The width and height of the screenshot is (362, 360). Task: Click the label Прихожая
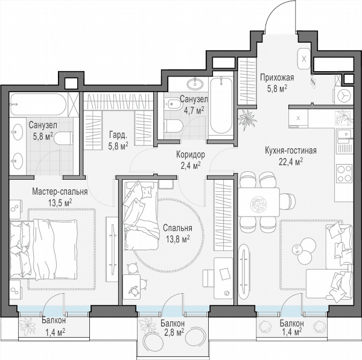point(277,78)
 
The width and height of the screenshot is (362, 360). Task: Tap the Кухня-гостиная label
point(291,151)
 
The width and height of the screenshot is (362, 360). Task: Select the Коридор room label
point(191,154)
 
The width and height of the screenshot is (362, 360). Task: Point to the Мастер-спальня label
point(60,192)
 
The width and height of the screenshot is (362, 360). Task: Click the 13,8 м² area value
point(178,239)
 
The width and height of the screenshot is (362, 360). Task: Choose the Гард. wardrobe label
point(118,136)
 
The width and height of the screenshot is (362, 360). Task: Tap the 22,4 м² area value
point(291,162)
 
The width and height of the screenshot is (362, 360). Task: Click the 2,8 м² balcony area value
point(174,332)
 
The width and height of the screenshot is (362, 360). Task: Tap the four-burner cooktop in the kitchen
point(345,173)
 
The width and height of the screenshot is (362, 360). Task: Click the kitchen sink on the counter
point(345,134)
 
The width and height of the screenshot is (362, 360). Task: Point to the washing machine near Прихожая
point(344,95)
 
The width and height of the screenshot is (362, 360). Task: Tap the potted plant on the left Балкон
point(28,327)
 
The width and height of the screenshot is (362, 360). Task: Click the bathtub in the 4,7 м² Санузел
point(221,106)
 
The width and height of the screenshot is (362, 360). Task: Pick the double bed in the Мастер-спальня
point(43,249)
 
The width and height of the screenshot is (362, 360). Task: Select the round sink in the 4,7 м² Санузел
point(194,84)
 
